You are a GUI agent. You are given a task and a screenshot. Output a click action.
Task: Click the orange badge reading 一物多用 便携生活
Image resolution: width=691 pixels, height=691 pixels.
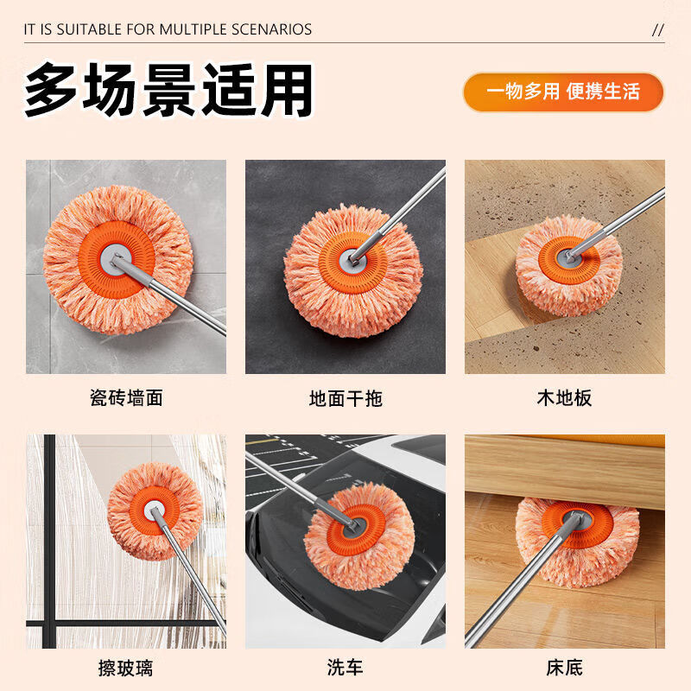click(x=563, y=92)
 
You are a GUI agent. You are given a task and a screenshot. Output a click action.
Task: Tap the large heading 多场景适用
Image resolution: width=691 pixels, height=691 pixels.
click(x=168, y=90)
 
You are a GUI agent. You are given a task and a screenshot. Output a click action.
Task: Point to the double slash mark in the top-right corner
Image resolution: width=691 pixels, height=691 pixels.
click(x=658, y=29)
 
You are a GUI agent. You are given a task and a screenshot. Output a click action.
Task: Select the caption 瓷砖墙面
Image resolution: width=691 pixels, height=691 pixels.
click(x=126, y=398)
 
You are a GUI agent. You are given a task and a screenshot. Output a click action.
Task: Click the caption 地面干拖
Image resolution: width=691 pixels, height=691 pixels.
click(x=345, y=398)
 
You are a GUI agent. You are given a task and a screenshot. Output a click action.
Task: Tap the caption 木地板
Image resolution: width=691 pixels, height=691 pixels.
click(x=564, y=398)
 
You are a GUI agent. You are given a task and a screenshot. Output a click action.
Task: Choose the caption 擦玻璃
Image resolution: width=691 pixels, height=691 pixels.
click(x=126, y=668)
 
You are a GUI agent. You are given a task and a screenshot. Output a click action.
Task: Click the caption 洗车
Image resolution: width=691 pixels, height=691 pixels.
click(x=345, y=668)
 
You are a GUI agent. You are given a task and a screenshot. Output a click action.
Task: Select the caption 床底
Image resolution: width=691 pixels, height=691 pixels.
click(x=564, y=668)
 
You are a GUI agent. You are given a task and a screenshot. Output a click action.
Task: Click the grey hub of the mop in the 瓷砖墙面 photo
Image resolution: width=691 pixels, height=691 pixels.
click(x=117, y=260)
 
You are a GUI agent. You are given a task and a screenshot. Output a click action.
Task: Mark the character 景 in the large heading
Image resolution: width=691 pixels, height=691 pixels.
click(x=168, y=90)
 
